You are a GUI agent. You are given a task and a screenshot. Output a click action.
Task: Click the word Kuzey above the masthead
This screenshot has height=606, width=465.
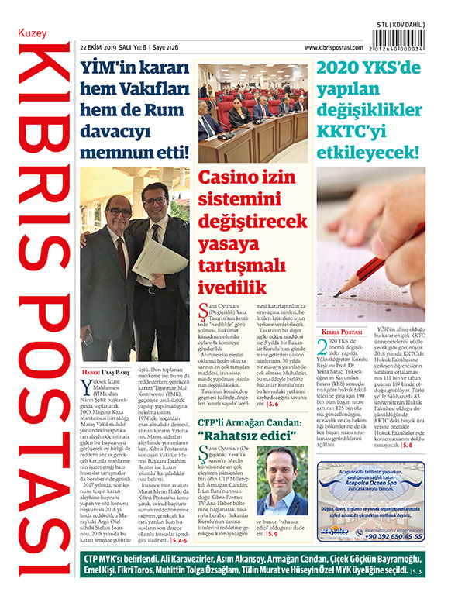tap(32, 36)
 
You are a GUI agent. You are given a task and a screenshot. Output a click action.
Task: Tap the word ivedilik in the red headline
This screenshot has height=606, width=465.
tap(229, 288)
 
